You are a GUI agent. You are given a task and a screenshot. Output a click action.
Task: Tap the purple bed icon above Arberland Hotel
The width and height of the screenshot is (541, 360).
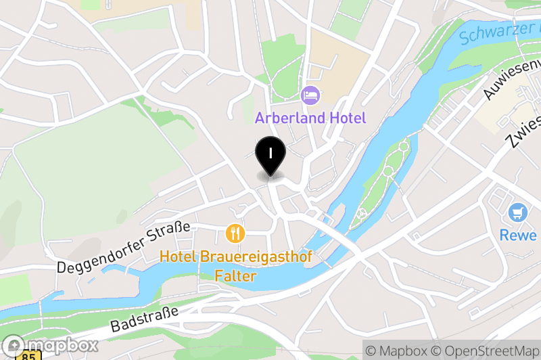[x=310, y=95]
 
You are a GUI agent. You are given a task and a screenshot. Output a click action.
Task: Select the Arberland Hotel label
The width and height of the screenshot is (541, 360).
[x=310, y=118]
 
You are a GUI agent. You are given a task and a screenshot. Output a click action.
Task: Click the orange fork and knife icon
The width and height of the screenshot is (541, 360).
[x=235, y=234]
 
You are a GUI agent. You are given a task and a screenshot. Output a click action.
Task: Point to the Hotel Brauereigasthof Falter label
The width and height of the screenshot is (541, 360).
[x=236, y=266]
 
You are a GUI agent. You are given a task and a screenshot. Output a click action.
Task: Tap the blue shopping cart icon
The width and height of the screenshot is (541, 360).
[x=519, y=212]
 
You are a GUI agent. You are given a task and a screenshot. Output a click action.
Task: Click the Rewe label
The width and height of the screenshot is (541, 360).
[x=519, y=235]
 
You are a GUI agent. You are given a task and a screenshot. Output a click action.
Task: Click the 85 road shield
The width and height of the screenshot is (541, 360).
[x=29, y=356]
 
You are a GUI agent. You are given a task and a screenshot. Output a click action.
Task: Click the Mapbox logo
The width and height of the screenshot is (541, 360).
[x=50, y=345]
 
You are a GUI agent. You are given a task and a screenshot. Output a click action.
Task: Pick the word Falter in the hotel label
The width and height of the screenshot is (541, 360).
[x=236, y=276]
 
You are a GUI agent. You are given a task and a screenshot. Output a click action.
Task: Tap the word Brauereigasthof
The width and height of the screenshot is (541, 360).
[x=256, y=256]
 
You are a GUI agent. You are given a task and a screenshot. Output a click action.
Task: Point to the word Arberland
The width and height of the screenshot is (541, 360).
[x=288, y=118]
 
